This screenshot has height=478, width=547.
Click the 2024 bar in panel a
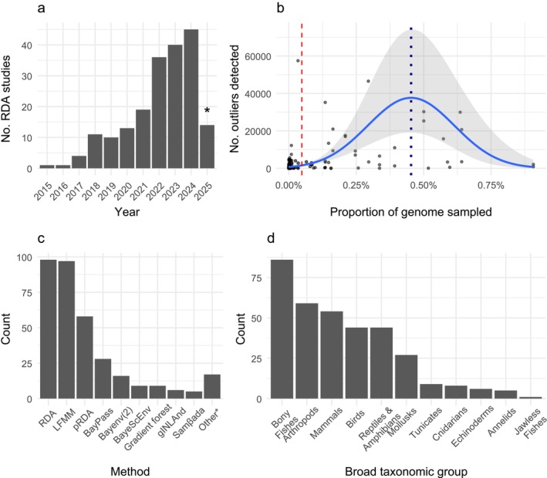191,99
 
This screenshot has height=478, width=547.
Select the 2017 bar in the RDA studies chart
79,163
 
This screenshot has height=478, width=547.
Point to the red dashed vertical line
302,99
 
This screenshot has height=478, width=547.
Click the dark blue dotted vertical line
411,101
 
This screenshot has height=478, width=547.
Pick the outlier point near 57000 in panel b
298,61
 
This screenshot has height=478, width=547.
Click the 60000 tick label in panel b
258,56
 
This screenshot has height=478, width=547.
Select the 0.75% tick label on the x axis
491,185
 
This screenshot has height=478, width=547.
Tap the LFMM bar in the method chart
66,330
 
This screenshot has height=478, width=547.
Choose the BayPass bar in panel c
103,379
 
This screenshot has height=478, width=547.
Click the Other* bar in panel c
212,387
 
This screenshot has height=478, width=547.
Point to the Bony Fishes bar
282,329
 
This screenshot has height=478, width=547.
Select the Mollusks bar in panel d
407,377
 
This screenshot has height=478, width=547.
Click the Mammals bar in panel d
332,355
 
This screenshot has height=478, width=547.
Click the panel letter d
271,238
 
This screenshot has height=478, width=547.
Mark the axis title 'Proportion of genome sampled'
411,212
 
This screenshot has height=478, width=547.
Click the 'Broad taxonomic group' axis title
407,472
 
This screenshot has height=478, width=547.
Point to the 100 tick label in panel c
24,258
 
